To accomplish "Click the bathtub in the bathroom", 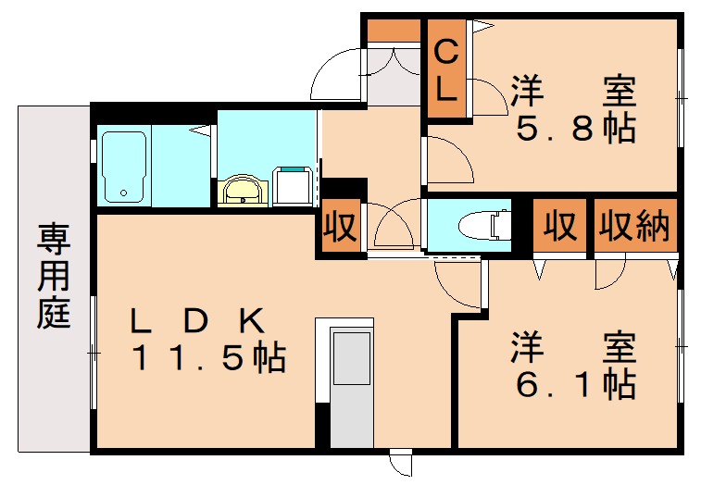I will tap(122, 167).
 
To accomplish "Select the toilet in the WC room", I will tap(485, 225).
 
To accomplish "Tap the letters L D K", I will tap(198, 320).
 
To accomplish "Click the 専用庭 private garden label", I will tap(54, 278).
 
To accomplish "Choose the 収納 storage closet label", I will tap(635, 226).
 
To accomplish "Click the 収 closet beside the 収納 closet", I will tap(559, 226).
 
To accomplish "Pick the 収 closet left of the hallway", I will tap(341, 228).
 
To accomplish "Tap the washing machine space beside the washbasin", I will tap(294, 185).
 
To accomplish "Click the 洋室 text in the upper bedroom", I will tap(574, 93).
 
